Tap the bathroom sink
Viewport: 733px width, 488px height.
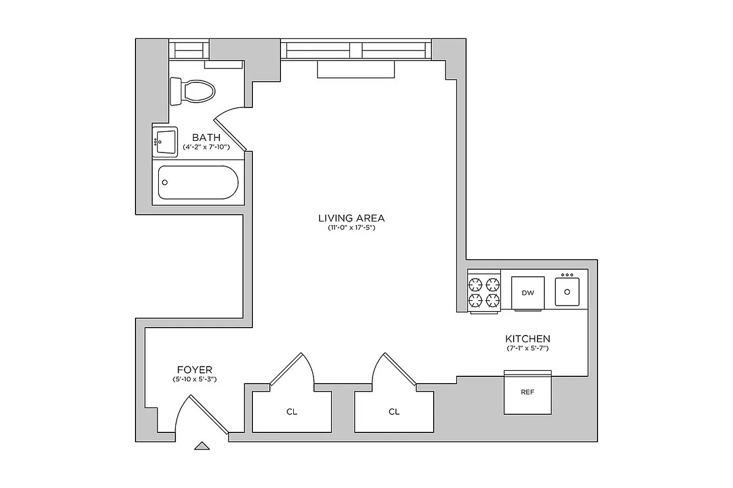(x=165, y=142)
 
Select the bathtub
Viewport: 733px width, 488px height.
(x=198, y=182)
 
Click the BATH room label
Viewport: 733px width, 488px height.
(x=206, y=137)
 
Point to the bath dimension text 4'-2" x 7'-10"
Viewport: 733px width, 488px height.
(x=206, y=147)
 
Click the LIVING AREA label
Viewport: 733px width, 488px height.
(x=351, y=218)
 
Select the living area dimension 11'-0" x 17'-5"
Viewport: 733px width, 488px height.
(x=351, y=228)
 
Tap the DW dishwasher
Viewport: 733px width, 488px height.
(x=528, y=293)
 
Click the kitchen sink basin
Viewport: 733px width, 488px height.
(x=567, y=292)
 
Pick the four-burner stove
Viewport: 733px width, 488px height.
(x=484, y=292)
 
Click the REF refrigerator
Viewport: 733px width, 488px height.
(x=527, y=392)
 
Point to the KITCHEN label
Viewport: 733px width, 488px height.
(x=528, y=339)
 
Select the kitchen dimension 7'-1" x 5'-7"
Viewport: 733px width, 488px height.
(x=528, y=349)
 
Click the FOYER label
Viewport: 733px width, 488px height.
(x=195, y=370)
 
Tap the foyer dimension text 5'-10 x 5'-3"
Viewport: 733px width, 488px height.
(x=195, y=379)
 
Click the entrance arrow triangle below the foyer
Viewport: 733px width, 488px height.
(x=202, y=446)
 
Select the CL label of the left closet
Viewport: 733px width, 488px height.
(x=292, y=412)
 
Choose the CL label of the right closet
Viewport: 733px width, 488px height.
(x=394, y=412)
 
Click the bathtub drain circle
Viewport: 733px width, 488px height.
(x=164, y=182)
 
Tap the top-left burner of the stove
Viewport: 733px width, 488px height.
(x=476, y=283)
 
